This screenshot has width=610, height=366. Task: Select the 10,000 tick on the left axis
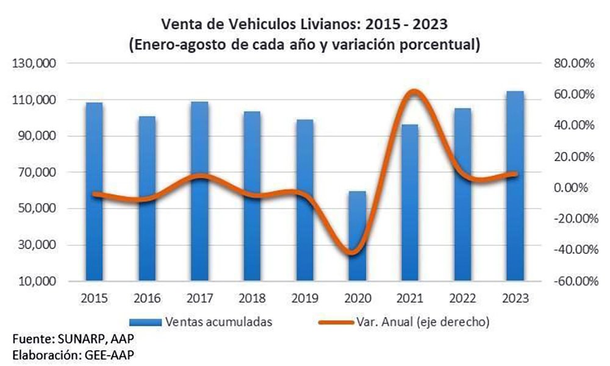[x=38, y=282]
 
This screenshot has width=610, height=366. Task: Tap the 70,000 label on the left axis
[x=38, y=173]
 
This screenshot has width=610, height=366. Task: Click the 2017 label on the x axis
[x=199, y=298]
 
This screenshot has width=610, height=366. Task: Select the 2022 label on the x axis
[x=463, y=298]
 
